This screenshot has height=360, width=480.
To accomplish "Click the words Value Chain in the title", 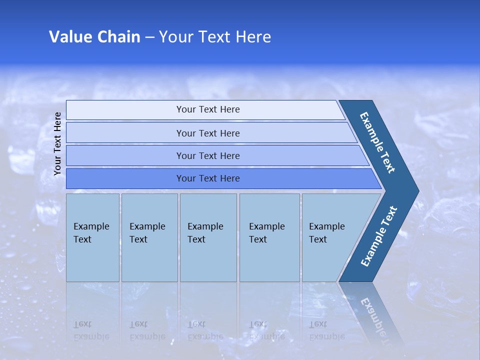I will pos(94,37).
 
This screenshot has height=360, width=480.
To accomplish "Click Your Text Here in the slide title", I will pos(215,37).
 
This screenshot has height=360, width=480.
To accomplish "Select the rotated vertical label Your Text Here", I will pos(57,143).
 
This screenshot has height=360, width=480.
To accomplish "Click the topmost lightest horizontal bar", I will pos(207,109).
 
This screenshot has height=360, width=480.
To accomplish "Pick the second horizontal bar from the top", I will pos(207,133).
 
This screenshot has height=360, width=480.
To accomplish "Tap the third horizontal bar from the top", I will pos(207,155).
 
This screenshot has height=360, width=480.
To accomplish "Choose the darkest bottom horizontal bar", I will pos(207,178).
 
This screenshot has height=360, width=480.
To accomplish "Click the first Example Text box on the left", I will pos(92,237).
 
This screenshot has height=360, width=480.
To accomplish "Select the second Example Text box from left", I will pos(149,237).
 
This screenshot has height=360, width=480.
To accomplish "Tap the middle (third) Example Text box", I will pos(208,237).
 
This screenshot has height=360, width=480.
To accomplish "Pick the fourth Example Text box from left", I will pos(269,237).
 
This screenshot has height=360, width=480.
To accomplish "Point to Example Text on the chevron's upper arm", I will pos(377,142).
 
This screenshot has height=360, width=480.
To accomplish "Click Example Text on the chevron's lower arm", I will pos(378,236).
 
